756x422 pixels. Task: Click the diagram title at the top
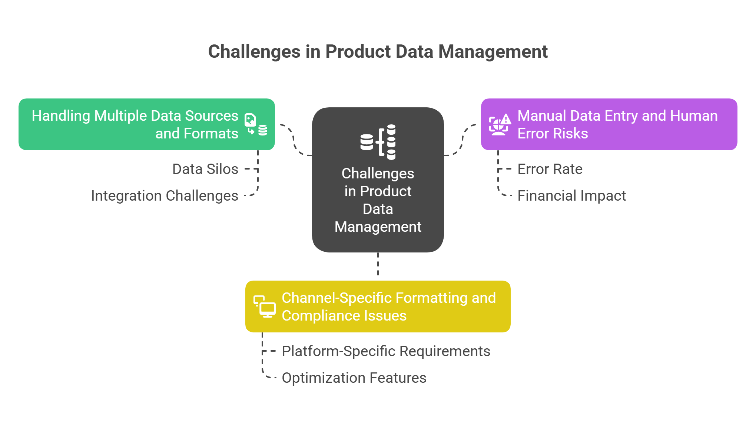point(378,51)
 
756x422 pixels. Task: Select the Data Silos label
point(205,169)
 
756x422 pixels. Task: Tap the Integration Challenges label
point(165,196)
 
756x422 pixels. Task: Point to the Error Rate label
point(550,169)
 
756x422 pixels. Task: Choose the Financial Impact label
point(571,196)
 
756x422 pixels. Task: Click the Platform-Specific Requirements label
point(386,351)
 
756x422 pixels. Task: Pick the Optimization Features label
point(354,378)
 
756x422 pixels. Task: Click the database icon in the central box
point(378,142)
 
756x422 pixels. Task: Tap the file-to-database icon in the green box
point(256,124)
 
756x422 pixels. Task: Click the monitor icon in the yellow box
point(265,307)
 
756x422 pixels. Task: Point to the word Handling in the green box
point(61,116)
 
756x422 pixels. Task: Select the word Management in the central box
point(378,227)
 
